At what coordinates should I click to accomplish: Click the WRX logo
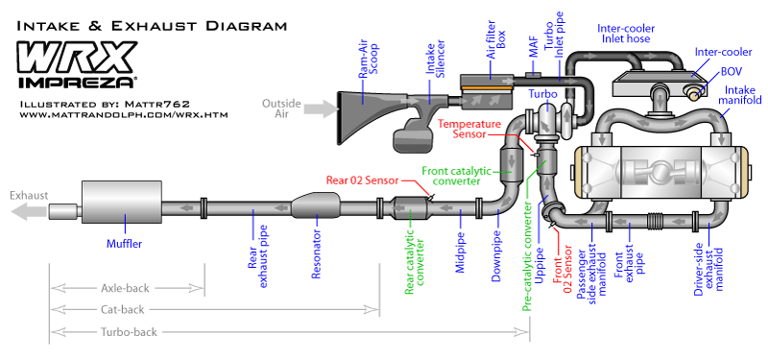click(78, 58)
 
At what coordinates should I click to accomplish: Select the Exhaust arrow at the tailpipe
click(30, 211)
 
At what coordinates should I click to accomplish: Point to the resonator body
click(316, 205)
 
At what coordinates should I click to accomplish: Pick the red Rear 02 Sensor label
click(363, 180)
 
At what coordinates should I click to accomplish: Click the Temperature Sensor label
click(469, 129)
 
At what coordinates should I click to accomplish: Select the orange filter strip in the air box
click(488, 88)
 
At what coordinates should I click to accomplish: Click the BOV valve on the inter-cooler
click(693, 91)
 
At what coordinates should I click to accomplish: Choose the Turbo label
click(542, 93)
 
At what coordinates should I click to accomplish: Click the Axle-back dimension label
click(125, 288)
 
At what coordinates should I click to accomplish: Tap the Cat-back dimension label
click(123, 309)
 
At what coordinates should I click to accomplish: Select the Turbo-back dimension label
click(129, 332)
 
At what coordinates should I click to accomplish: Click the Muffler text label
click(125, 244)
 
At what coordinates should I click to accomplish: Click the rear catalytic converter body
click(411, 207)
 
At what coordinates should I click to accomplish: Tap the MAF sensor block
click(533, 75)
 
